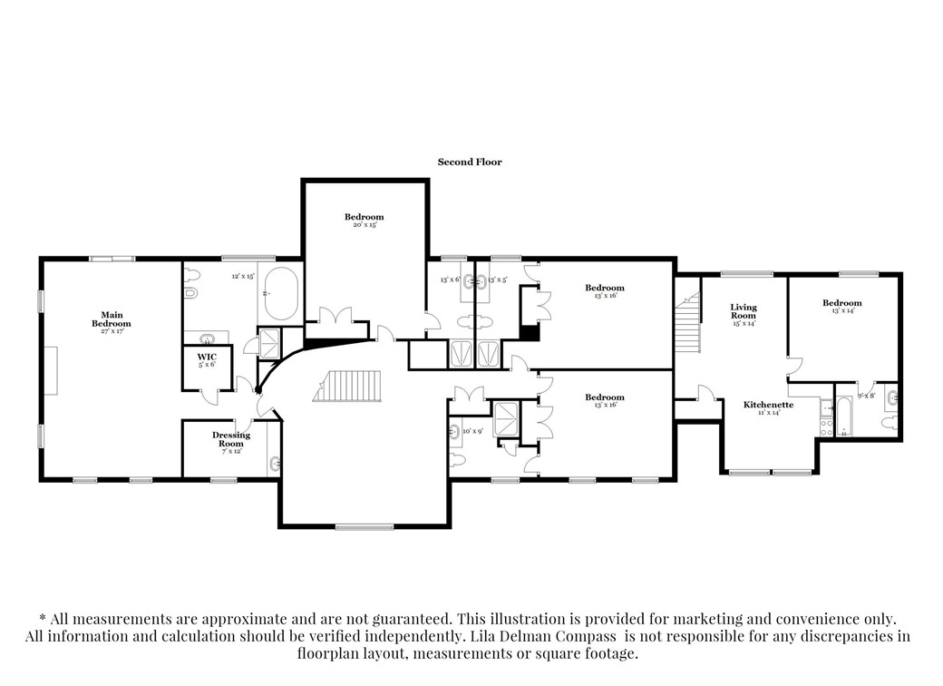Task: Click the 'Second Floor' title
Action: (x=469, y=162)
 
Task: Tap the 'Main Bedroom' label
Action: (x=116, y=318)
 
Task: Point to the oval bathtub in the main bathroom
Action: (x=278, y=293)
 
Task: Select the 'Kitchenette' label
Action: (x=768, y=404)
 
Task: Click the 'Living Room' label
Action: (x=744, y=311)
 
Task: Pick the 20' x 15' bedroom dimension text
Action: (x=364, y=224)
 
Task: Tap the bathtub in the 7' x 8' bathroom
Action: (x=844, y=417)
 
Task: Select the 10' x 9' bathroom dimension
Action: (x=473, y=431)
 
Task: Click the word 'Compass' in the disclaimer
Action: (x=587, y=636)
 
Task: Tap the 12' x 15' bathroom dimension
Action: (x=243, y=276)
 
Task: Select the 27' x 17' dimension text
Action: (x=116, y=331)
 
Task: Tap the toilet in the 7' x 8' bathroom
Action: (x=888, y=423)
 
